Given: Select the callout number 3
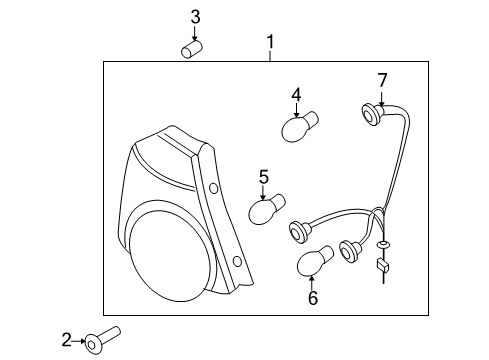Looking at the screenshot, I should [x=196, y=16].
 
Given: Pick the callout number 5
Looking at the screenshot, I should [x=264, y=177].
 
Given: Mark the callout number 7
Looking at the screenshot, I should [x=381, y=79].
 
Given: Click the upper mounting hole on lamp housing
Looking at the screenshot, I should [x=214, y=189].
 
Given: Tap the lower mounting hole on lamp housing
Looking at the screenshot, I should [x=236, y=262].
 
